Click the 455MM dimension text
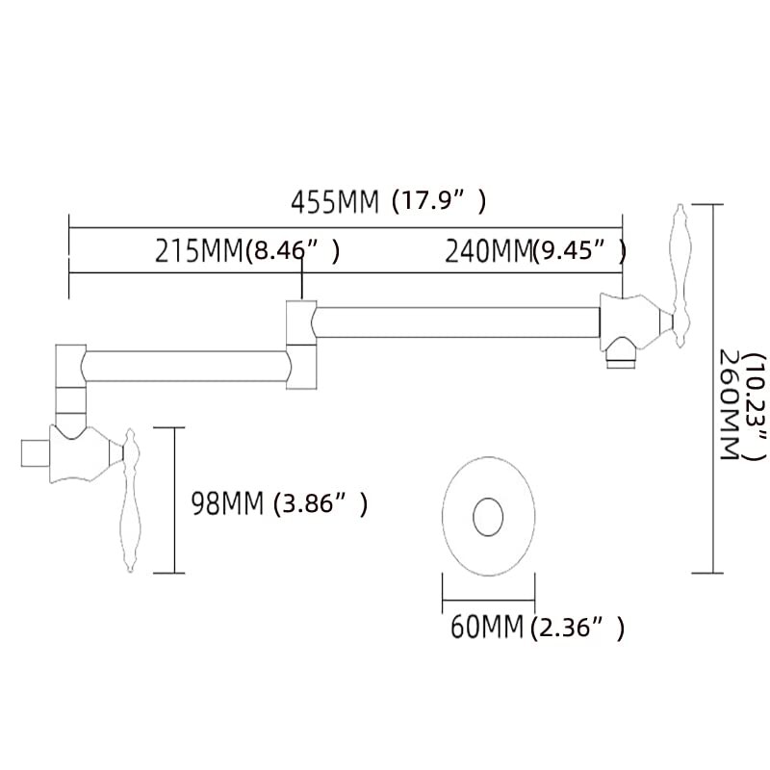click(335, 202)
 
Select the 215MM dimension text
click(199, 251)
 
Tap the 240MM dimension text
click(489, 251)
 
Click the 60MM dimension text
click(487, 627)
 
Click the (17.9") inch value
click(440, 201)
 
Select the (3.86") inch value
click(321, 503)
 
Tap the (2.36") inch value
click(577, 628)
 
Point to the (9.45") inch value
click(579, 251)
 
